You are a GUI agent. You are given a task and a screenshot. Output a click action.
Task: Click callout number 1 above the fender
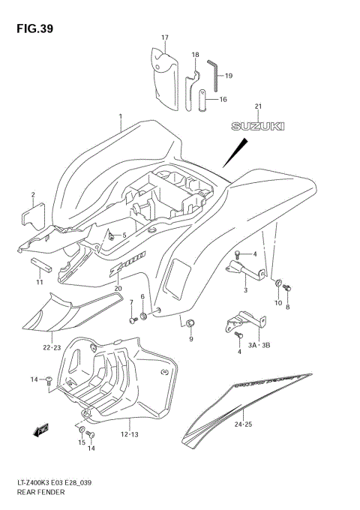(x=119, y=116)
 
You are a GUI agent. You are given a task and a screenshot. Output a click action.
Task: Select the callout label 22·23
(x=52, y=347)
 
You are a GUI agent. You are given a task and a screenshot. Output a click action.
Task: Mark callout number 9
(x=190, y=339)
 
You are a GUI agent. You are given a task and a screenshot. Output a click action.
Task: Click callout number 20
(x=118, y=288)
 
